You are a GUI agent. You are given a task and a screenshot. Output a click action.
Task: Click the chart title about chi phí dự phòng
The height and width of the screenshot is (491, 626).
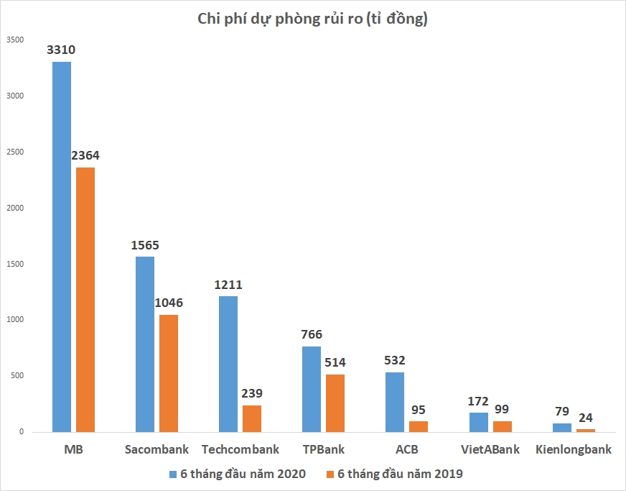click(312, 19)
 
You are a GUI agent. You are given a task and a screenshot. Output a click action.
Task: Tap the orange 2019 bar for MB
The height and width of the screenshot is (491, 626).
click(85, 299)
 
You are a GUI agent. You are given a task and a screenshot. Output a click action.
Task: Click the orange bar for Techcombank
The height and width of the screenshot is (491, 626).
click(252, 418)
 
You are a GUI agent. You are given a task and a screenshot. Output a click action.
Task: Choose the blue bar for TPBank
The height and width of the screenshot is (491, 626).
click(312, 389)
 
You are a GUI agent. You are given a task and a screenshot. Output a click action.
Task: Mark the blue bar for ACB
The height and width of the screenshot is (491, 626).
click(395, 402)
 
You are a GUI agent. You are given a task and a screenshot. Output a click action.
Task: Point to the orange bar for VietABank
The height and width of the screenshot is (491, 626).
click(503, 426)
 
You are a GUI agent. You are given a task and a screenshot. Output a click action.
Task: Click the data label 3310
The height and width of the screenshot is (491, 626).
click(61, 50)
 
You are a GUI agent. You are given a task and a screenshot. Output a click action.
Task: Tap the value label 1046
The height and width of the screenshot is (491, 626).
click(168, 303)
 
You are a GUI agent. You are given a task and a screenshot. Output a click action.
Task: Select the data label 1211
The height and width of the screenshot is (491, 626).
click(228, 285)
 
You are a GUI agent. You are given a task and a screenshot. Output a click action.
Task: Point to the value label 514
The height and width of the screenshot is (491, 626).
click(335, 362)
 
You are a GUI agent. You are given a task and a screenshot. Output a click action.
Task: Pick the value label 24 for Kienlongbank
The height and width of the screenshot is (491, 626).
click(586, 417)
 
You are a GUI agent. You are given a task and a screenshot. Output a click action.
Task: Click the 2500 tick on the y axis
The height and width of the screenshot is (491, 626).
click(15, 152)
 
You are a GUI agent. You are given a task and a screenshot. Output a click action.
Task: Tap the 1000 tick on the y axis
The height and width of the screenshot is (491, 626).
click(15, 320)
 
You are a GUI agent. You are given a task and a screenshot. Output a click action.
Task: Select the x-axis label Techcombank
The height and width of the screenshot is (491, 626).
click(240, 450)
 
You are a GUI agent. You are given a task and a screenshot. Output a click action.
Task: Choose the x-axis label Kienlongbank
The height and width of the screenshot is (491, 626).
click(574, 450)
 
